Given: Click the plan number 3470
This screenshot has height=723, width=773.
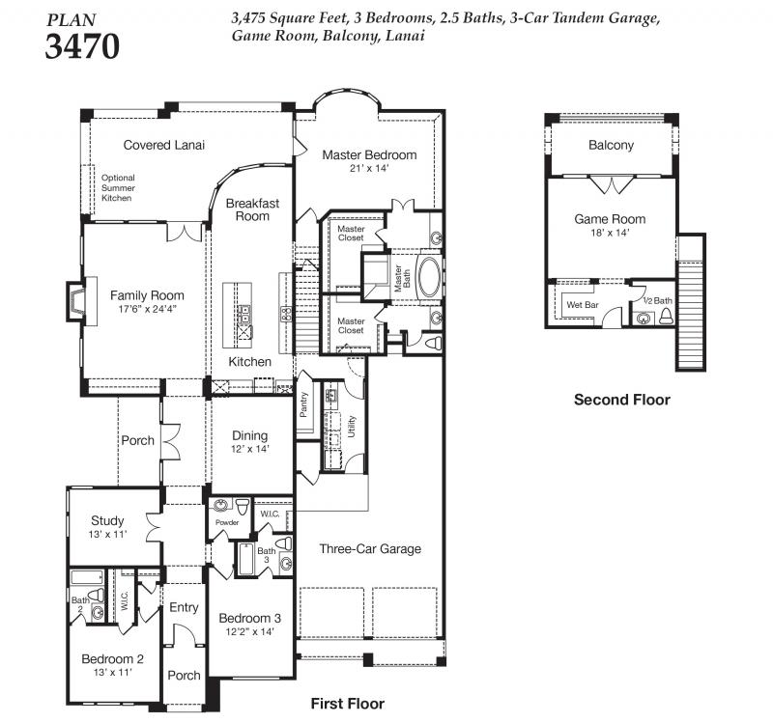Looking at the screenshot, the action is (x=82, y=46).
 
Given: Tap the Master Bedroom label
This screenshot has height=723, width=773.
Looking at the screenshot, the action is (x=369, y=155).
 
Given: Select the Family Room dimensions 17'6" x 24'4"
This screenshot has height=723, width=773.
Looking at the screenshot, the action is (x=147, y=309).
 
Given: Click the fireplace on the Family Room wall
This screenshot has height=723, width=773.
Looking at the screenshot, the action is (x=76, y=301).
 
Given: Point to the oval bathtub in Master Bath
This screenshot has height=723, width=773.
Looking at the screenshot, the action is (x=429, y=276).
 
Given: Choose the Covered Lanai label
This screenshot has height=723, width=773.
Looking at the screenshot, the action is (x=163, y=145).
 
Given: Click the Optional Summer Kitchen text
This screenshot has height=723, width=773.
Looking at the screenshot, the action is (x=118, y=187).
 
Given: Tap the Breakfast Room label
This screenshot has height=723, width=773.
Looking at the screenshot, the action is (x=252, y=209).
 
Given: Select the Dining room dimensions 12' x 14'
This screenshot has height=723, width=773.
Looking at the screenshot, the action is (x=250, y=449).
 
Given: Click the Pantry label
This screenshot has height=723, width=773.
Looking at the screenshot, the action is (x=303, y=404).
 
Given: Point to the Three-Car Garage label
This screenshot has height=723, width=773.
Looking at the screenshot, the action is (x=370, y=548).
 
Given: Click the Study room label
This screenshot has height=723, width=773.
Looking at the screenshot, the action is (x=107, y=520).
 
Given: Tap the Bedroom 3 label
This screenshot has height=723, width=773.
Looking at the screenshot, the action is (x=250, y=618).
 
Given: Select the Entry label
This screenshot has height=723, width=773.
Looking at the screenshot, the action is (x=184, y=608).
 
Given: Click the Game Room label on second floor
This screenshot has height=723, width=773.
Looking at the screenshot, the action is (x=610, y=219).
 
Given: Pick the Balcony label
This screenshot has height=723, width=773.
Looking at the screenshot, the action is (x=612, y=146).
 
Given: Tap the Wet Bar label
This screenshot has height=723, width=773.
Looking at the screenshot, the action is (x=583, y=305).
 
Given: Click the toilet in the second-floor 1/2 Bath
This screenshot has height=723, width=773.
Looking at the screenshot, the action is (x=666, y=316).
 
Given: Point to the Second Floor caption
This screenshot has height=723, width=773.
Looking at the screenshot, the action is (x=622, y=400).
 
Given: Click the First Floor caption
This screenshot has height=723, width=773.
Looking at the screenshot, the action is (x=348, y=704).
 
